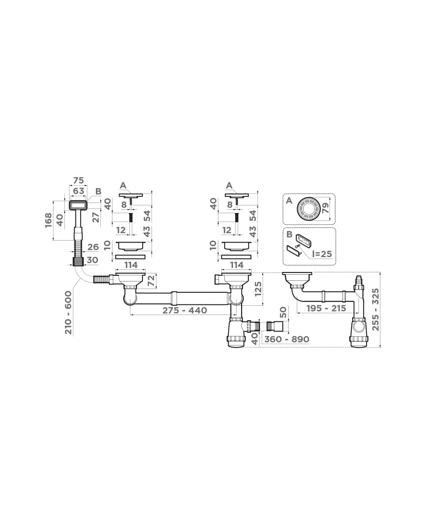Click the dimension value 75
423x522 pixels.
[x=79, y=180]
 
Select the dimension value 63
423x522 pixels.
[x=79, y=191]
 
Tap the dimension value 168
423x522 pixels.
[x=49, y=220]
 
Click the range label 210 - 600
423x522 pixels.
[x=68, y=312]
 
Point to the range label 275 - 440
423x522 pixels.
[x=185, y=310]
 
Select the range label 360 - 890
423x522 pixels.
[x=287, y=339]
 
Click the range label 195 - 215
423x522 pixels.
[x=326, y=308]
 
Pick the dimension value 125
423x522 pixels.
[x=258, y=289]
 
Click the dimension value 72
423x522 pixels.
[x=152, y=281]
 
